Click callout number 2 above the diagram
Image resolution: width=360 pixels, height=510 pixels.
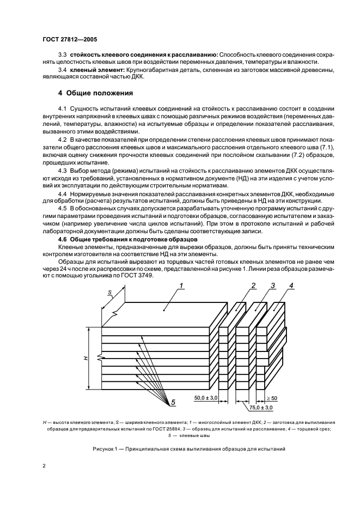tap(254, 286)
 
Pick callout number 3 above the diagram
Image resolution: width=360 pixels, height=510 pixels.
tap(273, 286)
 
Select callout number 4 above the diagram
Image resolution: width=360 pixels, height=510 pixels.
tap(291, 286)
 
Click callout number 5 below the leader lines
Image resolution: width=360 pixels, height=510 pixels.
tap(173, 403)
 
